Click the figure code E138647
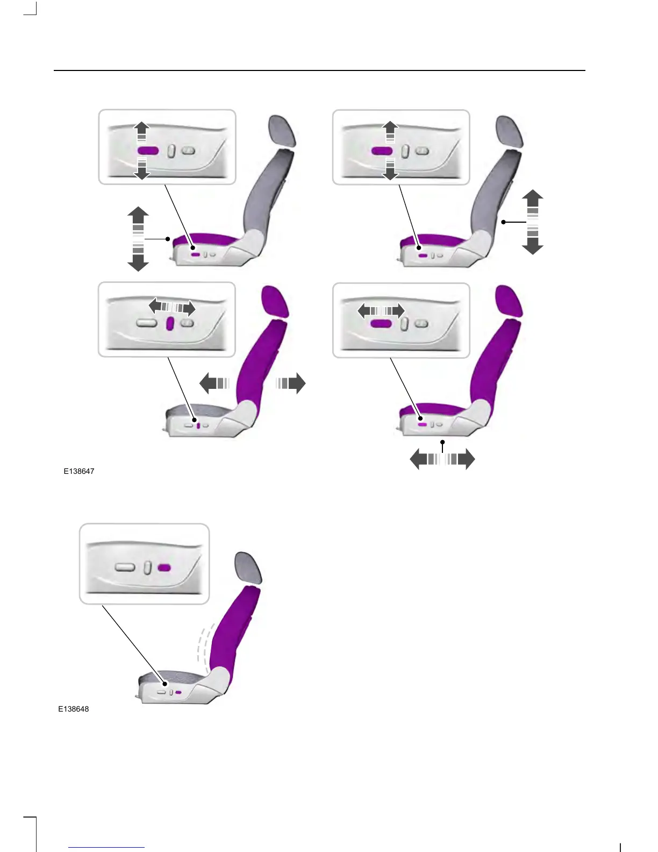coord(79,471)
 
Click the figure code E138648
coord(73,709)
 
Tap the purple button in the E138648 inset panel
coord(164,567)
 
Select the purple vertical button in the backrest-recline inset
coord(170,323)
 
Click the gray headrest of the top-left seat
coord(282,131)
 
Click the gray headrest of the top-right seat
coord(509,131)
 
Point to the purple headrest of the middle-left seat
coord(275,301)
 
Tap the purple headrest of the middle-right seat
coord(509,301)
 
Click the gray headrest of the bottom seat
coord(248,568)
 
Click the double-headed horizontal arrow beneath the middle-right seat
coord(442,459)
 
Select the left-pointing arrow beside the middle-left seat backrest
coord(214,383)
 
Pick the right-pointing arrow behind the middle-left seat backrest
coord(290,383)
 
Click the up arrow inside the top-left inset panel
coord(141,132)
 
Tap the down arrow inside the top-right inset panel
coord(390,169)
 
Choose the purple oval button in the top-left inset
coord(148,151)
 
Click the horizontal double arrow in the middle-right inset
coord(381,311)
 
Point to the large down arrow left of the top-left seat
coord(138,258)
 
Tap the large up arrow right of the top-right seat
coord(533,203)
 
